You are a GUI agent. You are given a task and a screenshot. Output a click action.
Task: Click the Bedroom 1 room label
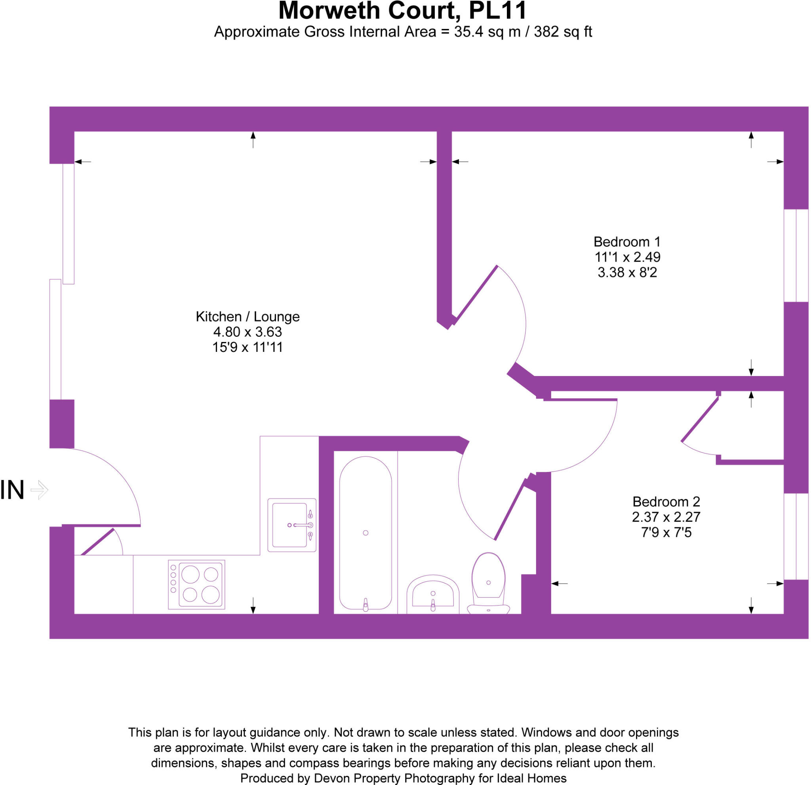click(627, 242)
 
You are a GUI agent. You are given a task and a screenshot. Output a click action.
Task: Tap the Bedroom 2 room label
click(666, 502)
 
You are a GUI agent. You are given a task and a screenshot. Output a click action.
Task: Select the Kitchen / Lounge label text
click(247, 317)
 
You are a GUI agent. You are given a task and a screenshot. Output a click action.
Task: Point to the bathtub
click(366, 533)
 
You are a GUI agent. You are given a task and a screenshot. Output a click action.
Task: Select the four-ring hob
click(196, 584)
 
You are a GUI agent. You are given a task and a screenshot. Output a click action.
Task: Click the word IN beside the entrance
click(12, 490)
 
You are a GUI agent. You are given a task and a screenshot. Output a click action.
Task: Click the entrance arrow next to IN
click(40, 490)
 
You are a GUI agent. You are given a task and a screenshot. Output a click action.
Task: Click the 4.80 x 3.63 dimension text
click(247, 332)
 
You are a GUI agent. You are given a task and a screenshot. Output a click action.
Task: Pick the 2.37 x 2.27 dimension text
click(666, 517)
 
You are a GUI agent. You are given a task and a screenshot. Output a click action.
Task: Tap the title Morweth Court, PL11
click(402, 11)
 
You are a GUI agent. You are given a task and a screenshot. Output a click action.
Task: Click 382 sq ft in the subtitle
click(563, 32)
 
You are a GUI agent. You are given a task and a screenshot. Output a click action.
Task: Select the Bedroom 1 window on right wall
click(796, 256)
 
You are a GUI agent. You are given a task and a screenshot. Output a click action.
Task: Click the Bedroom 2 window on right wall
click(796, 536)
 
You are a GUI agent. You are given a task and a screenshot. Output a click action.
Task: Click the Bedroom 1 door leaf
click(476, 294)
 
